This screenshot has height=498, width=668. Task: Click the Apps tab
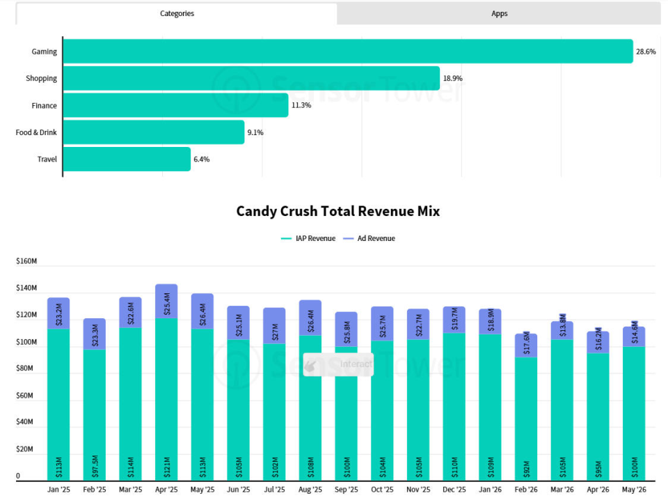(499, 13)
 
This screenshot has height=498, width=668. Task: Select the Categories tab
(177, 13)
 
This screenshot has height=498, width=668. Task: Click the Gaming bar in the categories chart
(348, 51)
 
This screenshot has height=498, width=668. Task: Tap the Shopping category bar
(251, 78)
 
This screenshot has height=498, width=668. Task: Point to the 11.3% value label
(301, 105)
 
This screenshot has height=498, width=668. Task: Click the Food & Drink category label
(36, 132)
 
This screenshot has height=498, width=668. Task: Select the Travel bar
(127, 159)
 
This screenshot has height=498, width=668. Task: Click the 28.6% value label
(646, 52)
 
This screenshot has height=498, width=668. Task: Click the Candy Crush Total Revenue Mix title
(338, 211)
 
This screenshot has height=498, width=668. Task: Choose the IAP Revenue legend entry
(308, 238)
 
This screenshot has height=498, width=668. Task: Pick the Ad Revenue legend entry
(369, 238)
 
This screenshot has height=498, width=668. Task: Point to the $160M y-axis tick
(26, 261)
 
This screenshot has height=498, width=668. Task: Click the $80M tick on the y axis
(24, 368)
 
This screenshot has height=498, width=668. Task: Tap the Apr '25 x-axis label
(166, 490)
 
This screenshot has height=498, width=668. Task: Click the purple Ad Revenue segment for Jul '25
(274, 326)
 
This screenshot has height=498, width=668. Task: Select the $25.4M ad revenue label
(167, 304)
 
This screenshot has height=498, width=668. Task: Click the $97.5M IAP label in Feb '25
(95, 466)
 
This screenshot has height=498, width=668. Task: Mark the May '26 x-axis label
(634, 490)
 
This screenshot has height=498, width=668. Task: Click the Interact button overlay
(338, 364)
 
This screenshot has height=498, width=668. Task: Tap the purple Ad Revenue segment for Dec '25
(454, 320)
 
